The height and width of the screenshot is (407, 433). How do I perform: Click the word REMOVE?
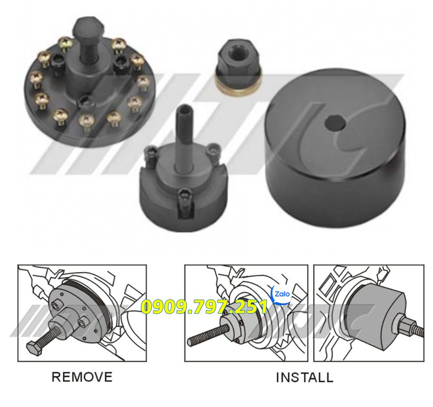(82, 377)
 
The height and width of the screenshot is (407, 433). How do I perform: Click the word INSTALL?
(305, 378)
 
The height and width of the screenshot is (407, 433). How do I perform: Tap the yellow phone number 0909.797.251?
(204, 307)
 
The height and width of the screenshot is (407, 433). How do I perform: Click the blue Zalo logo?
(282, 294)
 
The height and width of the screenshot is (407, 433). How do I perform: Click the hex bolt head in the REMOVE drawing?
(34, 348)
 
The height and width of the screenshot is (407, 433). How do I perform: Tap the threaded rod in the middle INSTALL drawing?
(209, 333)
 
